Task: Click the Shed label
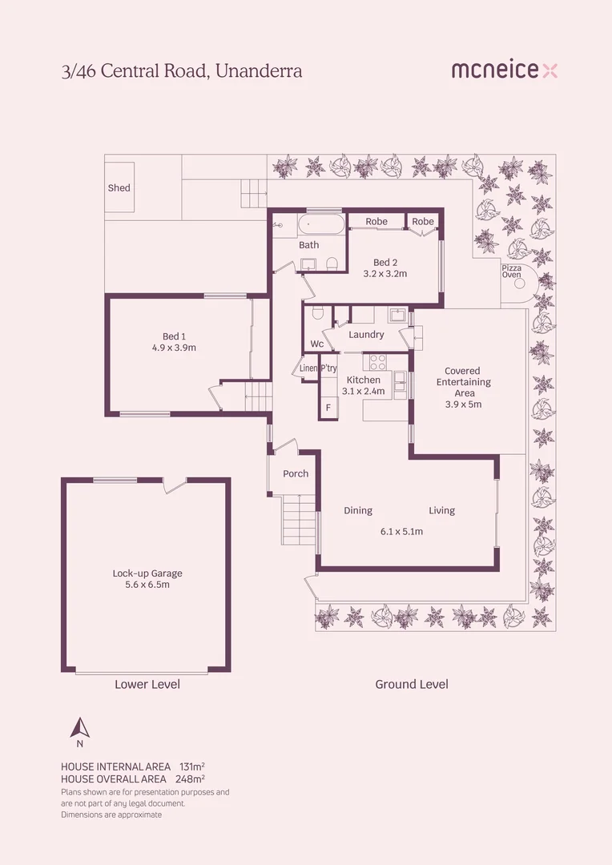tap(119, 188)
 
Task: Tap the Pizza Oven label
tap(511, 271)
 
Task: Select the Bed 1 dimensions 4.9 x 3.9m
tap(175, 348)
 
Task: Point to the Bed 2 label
tap(385, 262)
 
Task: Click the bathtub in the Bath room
tap(322, 223)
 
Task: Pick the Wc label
tap(317, 344)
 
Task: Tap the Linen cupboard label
tap(309, 368)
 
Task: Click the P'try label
tap(328, 368)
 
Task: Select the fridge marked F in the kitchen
tap(328, 408)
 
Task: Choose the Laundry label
tap(366, 335)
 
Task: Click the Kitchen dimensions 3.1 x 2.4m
tap(363, 392)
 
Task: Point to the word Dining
tap(358, 510)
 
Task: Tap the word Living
tap(441, 510)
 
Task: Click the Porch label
tap(296, 473)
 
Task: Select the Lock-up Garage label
tap(147, 573)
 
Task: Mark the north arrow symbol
tap(79, 727)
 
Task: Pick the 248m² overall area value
tap(192, 778)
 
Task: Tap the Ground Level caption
tap(412, 684)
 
